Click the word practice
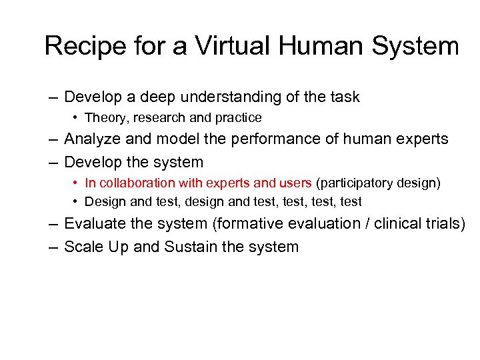point(238,118)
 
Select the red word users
point(297,183)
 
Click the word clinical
point(399,223)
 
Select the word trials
point(443,223)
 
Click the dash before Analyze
point(53,140)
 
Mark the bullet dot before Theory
point(77,119)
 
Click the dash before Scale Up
point(53,247)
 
